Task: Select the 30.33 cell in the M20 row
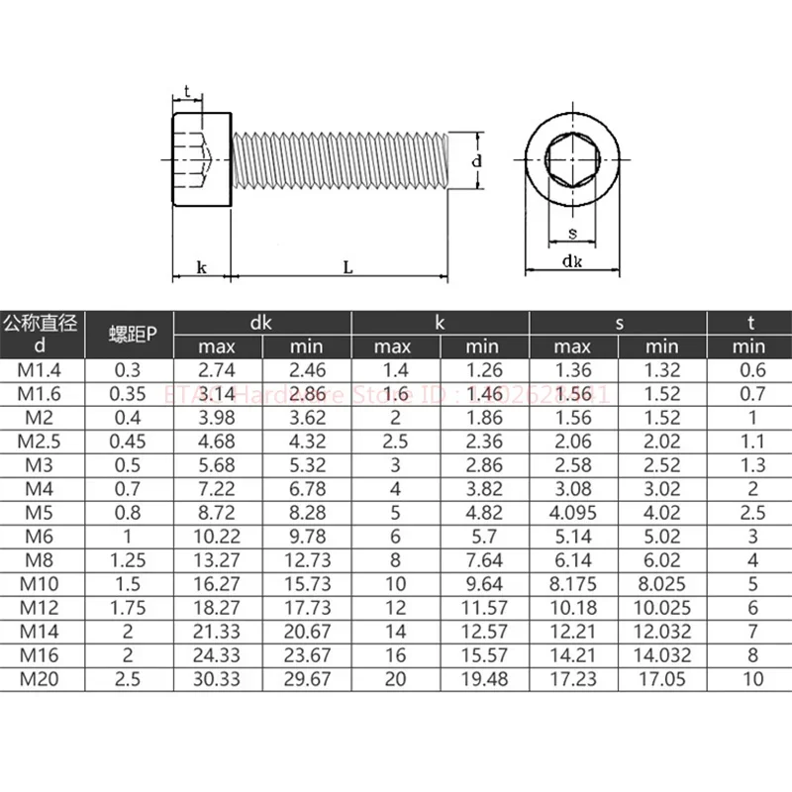tap(217, 678)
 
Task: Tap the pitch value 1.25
tap(130, 560)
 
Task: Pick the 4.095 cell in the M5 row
tap(572, 513)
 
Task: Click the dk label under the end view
tap(573, 261)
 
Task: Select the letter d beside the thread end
tap(476, 159)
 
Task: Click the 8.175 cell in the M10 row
tap(572, 584)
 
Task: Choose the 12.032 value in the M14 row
tap(661, 632)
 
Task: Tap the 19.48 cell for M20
tap(483, 678)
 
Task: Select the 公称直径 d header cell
tap(40, 334)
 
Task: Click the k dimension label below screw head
tap(201, 267)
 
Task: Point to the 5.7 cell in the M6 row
tap(483, 537)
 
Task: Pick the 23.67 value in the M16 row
tap(306, 655)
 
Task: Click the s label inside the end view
tap(573, 234)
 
